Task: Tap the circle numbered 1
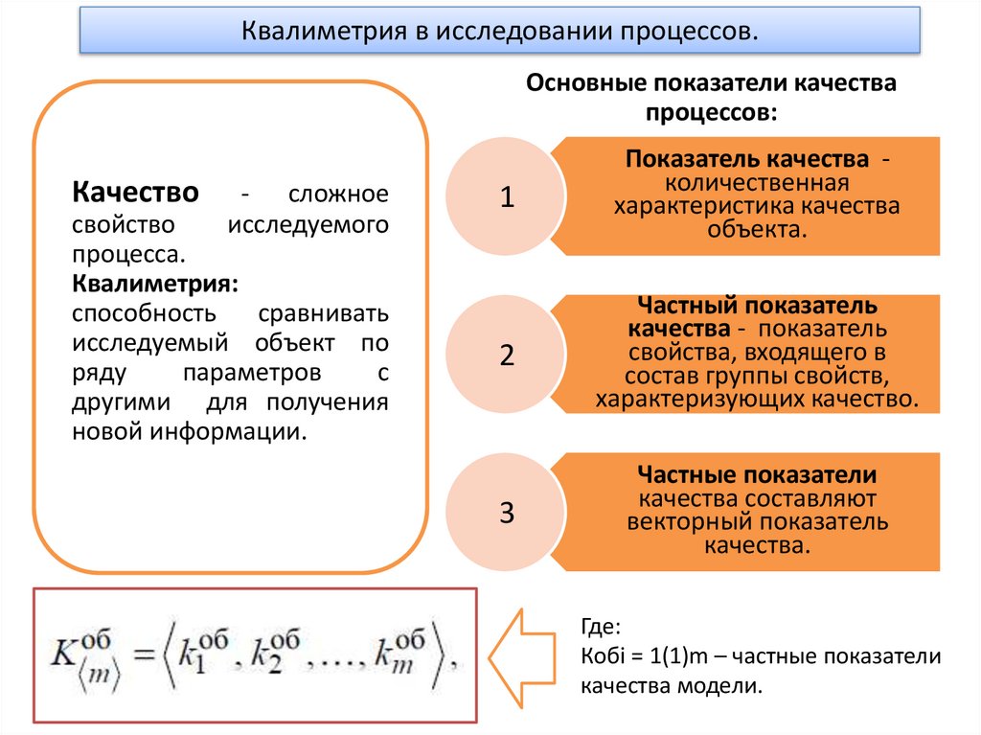507,198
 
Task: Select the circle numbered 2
507,356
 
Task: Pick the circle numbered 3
507,513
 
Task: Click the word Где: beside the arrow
601,629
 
